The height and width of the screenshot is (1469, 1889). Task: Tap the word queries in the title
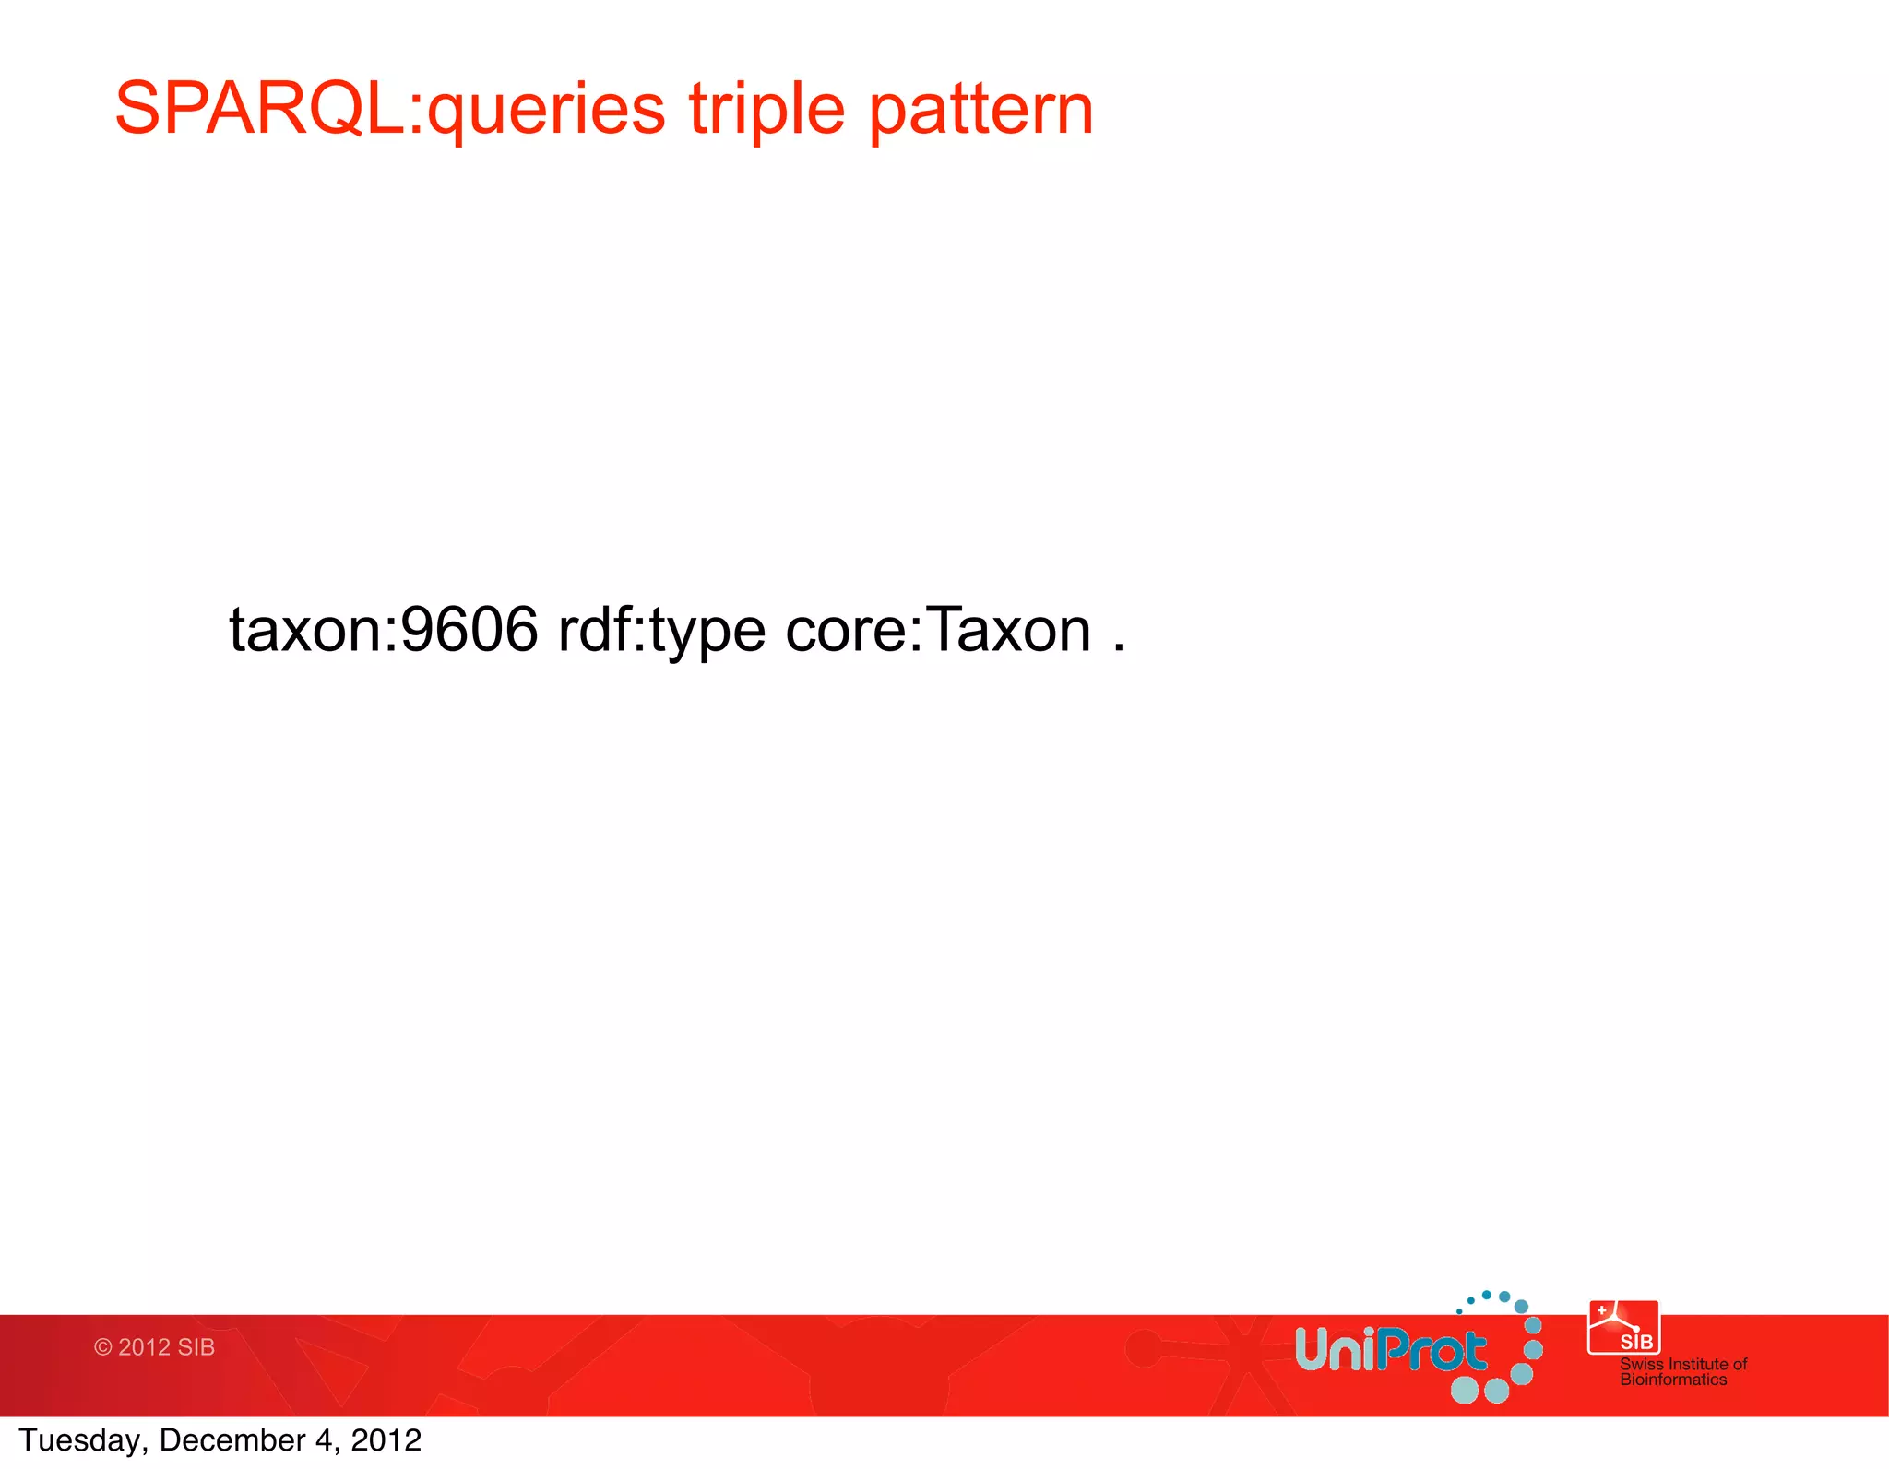pyautogui.click(x=546, y=111)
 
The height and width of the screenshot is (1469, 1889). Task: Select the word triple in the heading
pyautogui.click(x=766, y=111)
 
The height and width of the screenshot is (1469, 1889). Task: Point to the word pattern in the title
pyautogui.click(x=981, y=111)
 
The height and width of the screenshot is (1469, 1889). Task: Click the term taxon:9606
pyautogui.click(x=383, y=631)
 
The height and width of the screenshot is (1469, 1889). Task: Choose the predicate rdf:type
pyautogui.click(x=661, y=631)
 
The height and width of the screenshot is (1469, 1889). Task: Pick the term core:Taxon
pyautogui.click(x=938, y=631)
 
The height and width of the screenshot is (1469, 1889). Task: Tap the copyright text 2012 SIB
pyautogui.click(x=166, y=1347)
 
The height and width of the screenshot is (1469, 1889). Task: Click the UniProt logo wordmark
pyautogui.click(x=1390, y=1350)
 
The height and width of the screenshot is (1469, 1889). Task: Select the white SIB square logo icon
pyautogui.click(x=1622, y=1327)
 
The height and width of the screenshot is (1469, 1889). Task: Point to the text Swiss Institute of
pyautogui.click(x=1682, y=1363)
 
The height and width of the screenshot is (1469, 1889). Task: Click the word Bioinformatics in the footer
pyautogui.click(x=1672, y=1380)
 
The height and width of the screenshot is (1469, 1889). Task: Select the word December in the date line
pyautogui.click(x=232, y=1440)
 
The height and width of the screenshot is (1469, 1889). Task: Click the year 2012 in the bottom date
pyautogui.click(x=386, y=1440)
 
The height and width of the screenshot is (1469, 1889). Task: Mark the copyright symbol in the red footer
pyautogui.click(x=102, y=1347)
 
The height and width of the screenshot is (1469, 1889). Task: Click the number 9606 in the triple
pyautogui.click(x=469, y=631)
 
